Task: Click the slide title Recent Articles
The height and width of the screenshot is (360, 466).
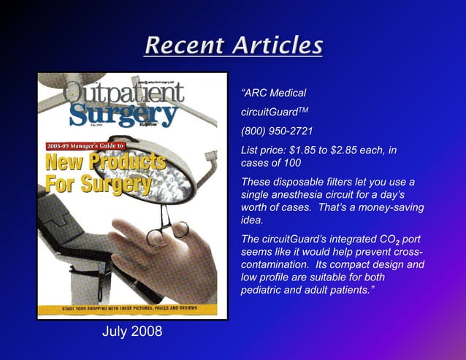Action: pos(233,45)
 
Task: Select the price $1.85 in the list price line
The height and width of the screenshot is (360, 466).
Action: pos(305,150)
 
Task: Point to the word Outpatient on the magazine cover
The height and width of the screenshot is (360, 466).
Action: pos(124,92)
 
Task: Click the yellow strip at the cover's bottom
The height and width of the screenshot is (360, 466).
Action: pos(132,310)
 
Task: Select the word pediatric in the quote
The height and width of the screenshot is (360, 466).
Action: pos(267,291)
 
